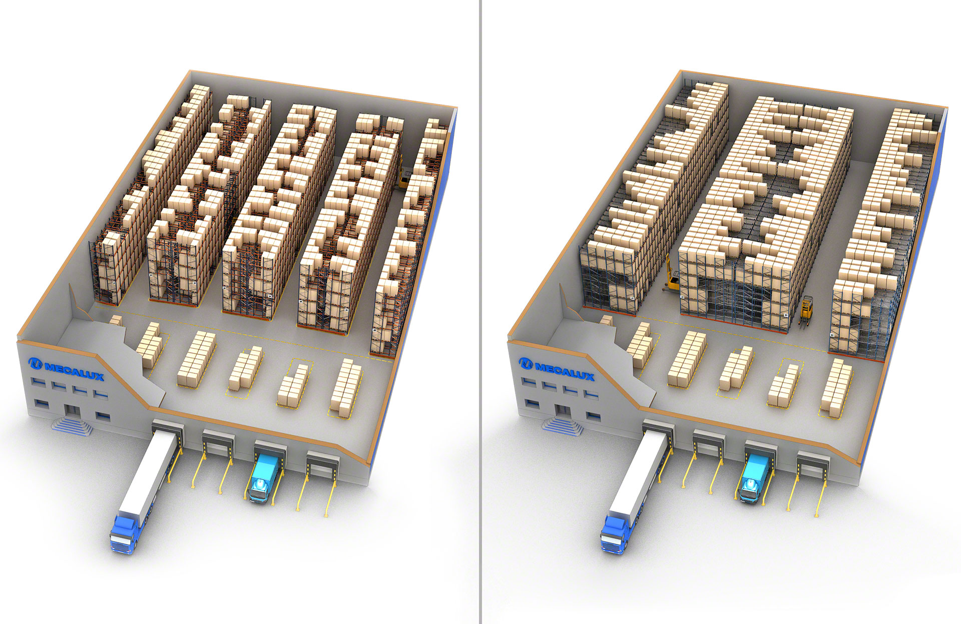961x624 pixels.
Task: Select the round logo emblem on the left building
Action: (x=36, y=363)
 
